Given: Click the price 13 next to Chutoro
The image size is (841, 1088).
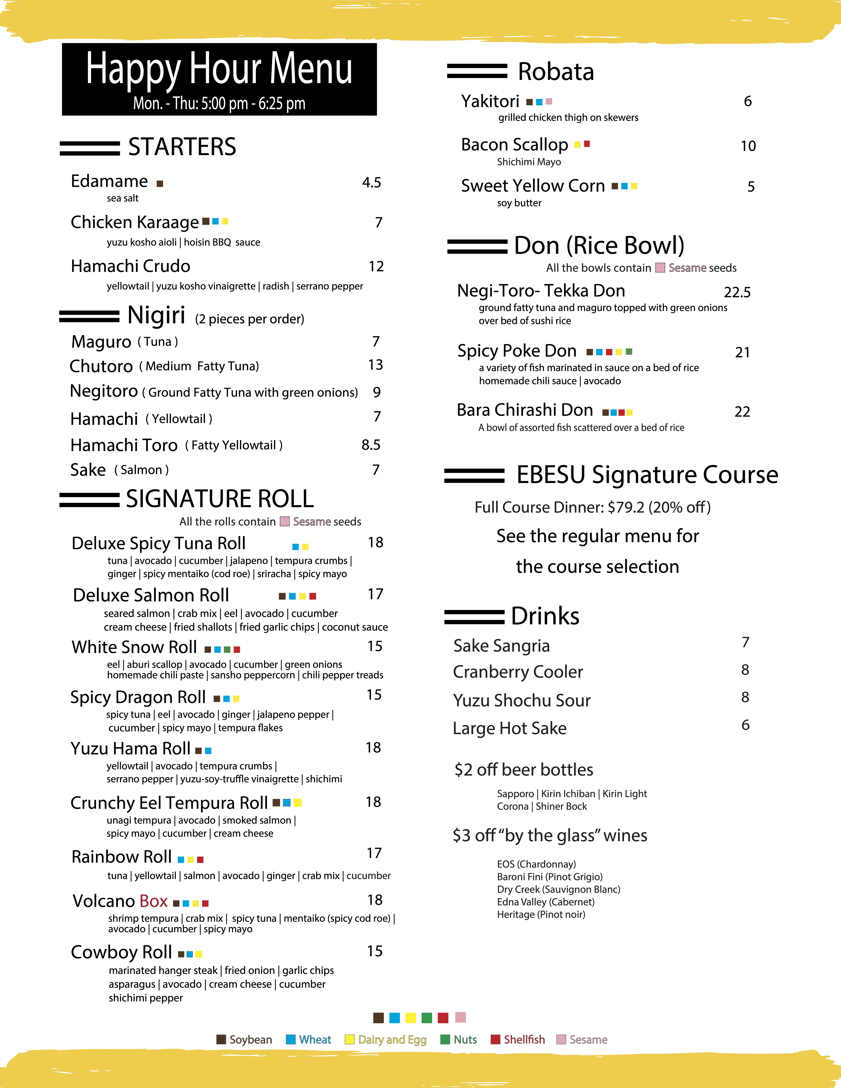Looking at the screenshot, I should tap(375, 365).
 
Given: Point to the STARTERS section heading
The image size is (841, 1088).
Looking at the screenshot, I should tap(182, 147).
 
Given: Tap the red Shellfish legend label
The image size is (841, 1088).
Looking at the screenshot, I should tap(524, 1040).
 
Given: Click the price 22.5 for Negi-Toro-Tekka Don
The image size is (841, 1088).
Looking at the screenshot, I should tap(737, 292).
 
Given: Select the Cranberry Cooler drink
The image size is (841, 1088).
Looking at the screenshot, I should tap(518, 672).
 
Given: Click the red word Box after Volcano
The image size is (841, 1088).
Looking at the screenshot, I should tap(153, 901).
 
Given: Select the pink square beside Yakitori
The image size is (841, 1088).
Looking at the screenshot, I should tap(549, 102).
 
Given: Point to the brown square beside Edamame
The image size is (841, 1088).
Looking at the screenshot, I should tap(160, 184).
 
